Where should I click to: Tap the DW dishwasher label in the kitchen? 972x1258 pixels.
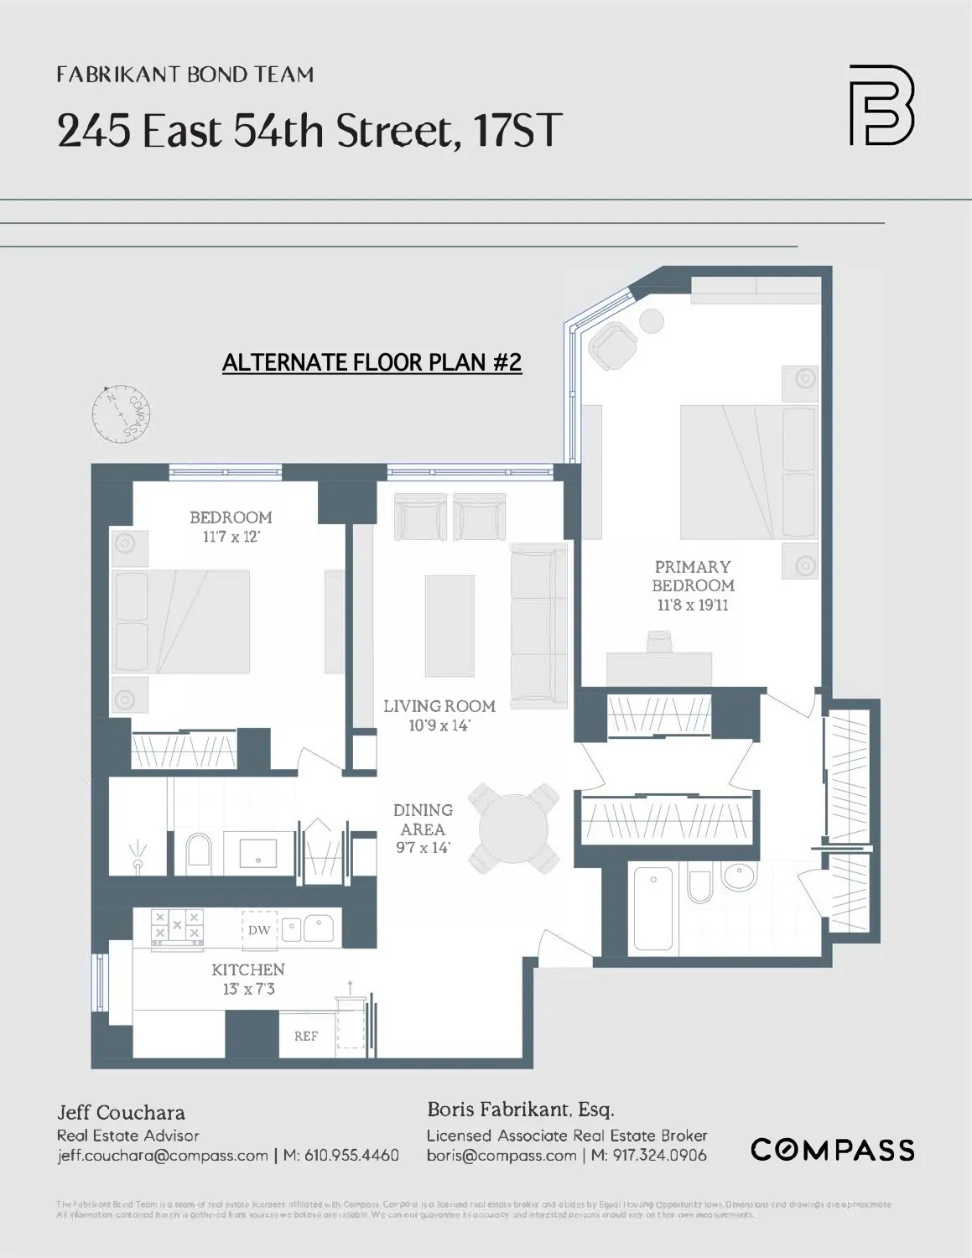(x=259, y=929)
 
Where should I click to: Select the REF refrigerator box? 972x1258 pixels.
(x=306, y=1036)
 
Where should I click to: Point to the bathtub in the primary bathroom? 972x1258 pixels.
(x=653, y=909)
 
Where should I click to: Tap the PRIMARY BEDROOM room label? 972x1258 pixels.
(x=693, y=576)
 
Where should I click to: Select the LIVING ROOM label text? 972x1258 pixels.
(x=439, y=706)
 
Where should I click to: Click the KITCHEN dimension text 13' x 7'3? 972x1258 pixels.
(x=248, y=989)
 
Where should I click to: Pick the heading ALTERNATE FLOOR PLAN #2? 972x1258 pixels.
(x=372, y=362)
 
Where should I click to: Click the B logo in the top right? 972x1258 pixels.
(x=881, y=105)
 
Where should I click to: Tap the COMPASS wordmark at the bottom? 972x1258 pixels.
(x=832, y=1149)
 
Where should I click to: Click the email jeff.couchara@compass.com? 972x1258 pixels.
(x=163, y=1156)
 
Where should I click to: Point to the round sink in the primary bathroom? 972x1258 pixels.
(x=738, y=877)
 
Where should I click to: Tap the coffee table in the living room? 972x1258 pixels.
(x=450, y=625)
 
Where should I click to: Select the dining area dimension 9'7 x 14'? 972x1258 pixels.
(x=423, y=847)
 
